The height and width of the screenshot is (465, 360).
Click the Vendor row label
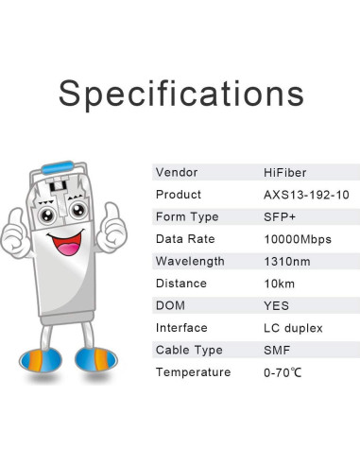coord(176,172)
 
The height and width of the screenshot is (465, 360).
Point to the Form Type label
coord(186,216)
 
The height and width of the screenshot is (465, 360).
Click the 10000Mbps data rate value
coord(297,239)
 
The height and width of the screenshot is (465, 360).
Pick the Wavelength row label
coord(190,261)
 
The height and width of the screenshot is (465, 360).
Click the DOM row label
coord(171,305)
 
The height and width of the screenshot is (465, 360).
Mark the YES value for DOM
coord(277,305)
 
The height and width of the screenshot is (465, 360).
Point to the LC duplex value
coord(293,328)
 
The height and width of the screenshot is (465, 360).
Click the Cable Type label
coord(189,350)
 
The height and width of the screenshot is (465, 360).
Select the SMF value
coord(277,350)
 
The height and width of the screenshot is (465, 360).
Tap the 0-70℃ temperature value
coord(283,372)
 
